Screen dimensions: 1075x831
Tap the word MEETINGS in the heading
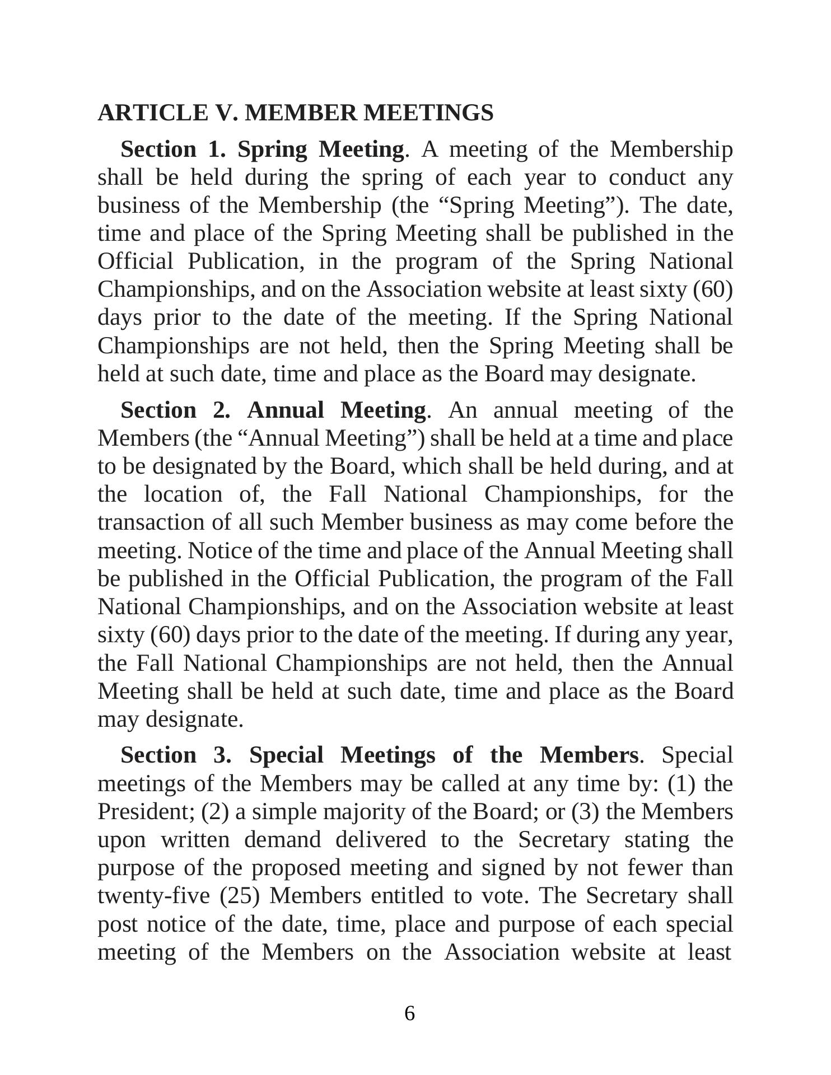click(x=428, y=113)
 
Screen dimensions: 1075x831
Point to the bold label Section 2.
click(x=175, y=410)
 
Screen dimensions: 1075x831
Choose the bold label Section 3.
click(x=176, y=755)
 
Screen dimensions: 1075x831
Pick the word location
click(x=183, y=494)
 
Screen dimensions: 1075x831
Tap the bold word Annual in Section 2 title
click(x=286, y=410)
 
